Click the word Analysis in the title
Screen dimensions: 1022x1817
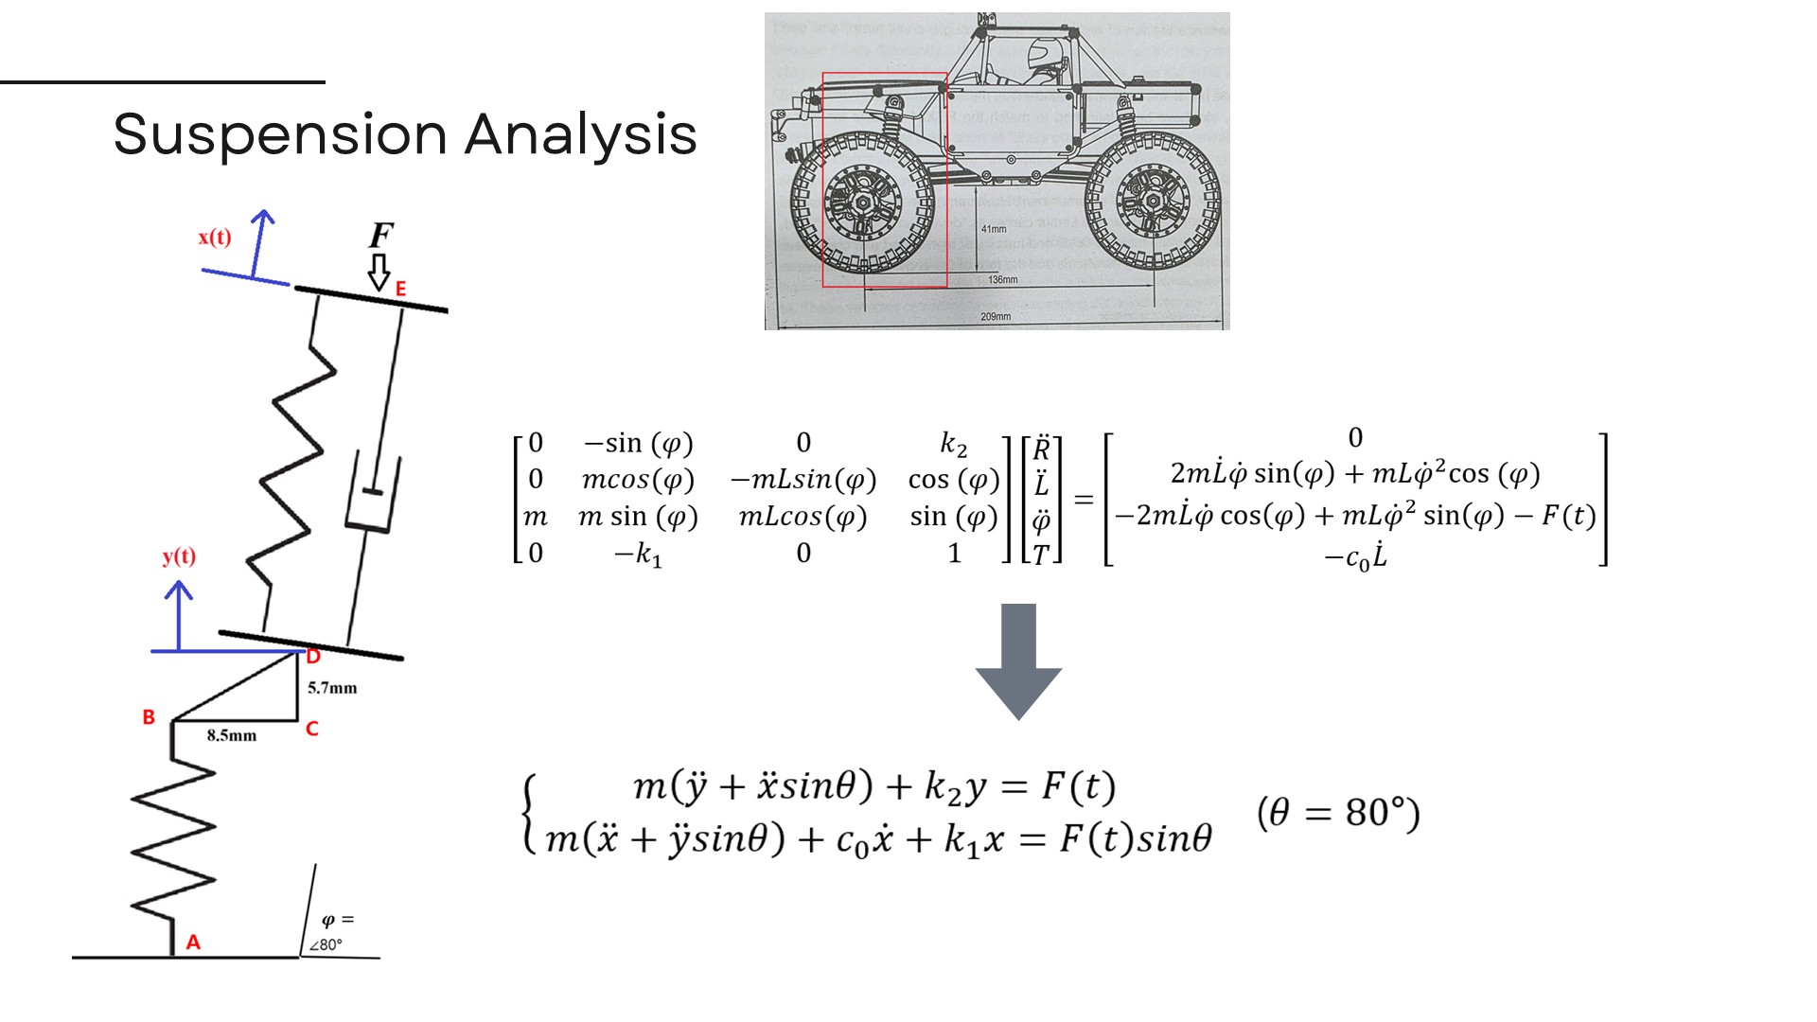coord(580,134)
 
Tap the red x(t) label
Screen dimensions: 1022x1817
coord(215,237)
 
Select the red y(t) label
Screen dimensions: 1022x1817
coord(179,555)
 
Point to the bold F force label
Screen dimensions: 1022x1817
coord(380,235)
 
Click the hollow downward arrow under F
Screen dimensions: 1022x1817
coord(379,272)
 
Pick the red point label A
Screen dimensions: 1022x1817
coord(193,942)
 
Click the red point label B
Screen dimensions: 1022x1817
coord(149,717)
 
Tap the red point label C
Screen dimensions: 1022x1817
coord(312,729)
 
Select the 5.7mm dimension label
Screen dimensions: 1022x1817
coord(332,688)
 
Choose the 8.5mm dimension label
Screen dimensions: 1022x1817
coord(232,735)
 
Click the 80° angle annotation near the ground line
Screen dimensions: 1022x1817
coord(327,943)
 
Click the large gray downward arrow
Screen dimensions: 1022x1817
coord(1018,661)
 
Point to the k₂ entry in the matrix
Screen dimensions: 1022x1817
coord(954,444)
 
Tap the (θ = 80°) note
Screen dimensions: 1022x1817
coord(1338,813)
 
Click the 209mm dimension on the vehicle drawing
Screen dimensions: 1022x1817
coord(996,317)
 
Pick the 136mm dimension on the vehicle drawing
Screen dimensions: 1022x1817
coord(1003,280)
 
